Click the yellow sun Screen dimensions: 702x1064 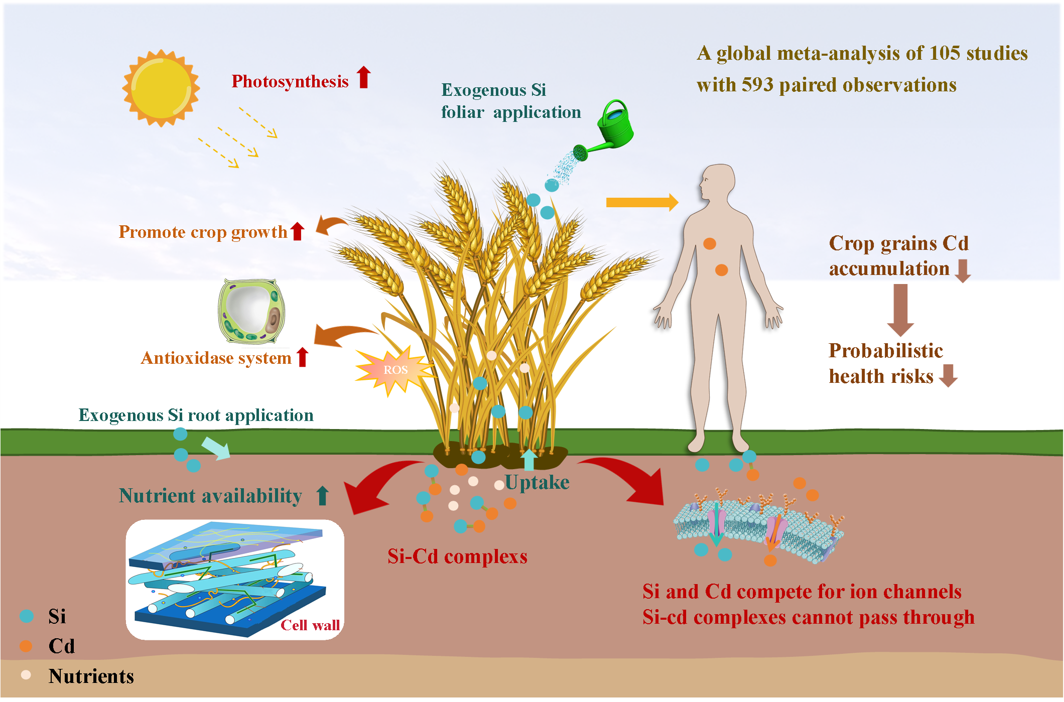[x=161, y=88]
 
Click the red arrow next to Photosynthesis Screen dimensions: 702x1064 [x=364, y=78]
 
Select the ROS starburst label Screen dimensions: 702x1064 [x=395, y=370]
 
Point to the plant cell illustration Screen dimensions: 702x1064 [x=251, y=311]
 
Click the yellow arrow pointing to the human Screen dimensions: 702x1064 [x=642, y=202]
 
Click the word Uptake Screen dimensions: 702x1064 [x=537, y=482]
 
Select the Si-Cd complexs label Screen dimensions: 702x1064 [x=457, y=556]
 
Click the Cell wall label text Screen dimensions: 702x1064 [x=310, y=625]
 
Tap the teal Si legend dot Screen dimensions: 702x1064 [x=27, y=616]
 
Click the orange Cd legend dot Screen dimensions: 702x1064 [x=26, y=646]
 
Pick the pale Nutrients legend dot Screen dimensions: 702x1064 [x=26, y=675]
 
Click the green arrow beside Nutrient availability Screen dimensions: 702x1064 [x=323, y=495]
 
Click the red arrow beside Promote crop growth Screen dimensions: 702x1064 [x=298, y=231]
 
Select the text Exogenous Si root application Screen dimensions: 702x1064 [x=196, y=415]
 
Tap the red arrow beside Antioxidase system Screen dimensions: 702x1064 [x=302, y=357]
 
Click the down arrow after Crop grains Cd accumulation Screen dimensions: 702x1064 [x=962, y=270]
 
